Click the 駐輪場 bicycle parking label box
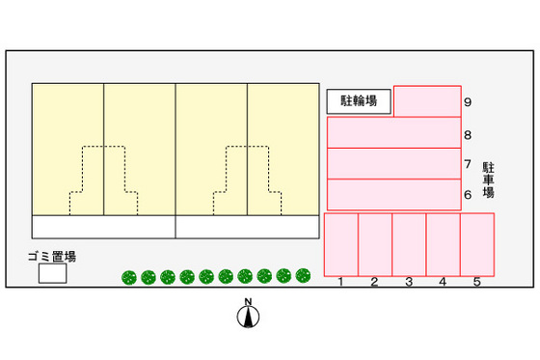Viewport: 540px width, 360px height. coord(359,100)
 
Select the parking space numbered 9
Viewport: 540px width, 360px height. coord(426,101)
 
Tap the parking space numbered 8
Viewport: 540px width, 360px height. coord(393,132)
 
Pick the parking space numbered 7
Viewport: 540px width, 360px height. coord(393,163)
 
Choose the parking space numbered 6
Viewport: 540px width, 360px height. coord(393,194)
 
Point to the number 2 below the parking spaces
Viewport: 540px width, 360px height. coord(374,283)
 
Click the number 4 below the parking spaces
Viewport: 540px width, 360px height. coord(443,283)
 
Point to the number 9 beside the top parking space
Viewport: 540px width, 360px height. coord(467,102)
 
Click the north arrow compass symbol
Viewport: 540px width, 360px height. coord(248,315)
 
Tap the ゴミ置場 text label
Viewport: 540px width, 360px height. coord(52,256)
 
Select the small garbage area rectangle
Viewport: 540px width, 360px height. coord(52,274)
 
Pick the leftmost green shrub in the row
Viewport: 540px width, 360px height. coord(128,278)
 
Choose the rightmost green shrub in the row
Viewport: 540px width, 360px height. coord(303,275)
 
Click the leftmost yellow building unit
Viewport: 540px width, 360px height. coord(67,149)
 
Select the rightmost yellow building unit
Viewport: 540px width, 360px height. coord(283,149)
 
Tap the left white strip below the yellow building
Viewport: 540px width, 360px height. coord(104,226)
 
